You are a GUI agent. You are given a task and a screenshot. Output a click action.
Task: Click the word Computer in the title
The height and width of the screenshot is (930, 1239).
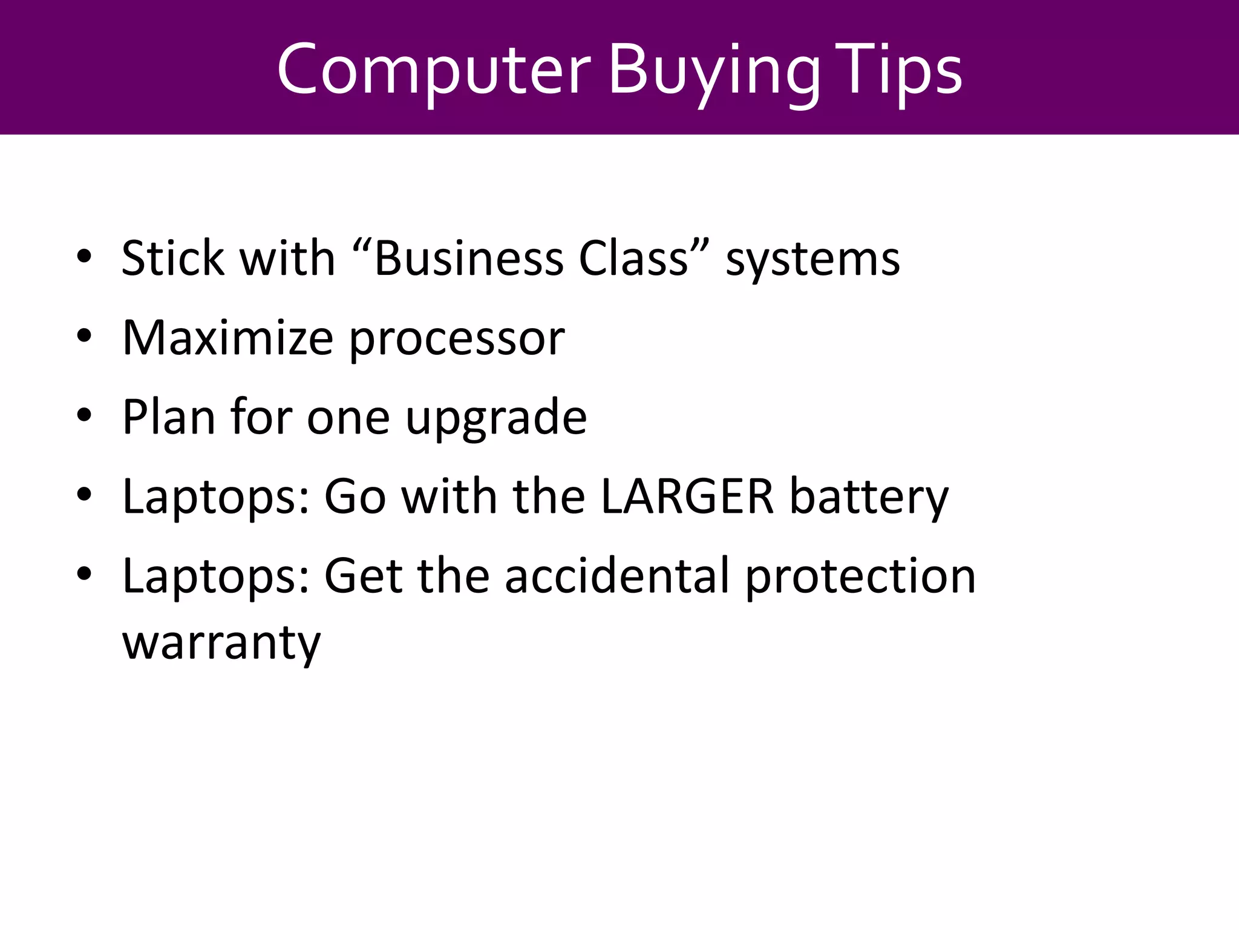(433, 70)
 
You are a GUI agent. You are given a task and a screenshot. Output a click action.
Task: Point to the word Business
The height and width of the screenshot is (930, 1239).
(469, 259)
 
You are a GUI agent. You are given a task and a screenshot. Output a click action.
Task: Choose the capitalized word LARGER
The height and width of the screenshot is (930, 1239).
(687, 496)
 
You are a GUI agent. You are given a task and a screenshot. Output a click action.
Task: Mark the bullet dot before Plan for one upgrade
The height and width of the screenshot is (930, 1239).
(84, 415)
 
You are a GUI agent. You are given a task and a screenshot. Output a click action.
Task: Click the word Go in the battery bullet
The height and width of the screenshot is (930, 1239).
(355, 496)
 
